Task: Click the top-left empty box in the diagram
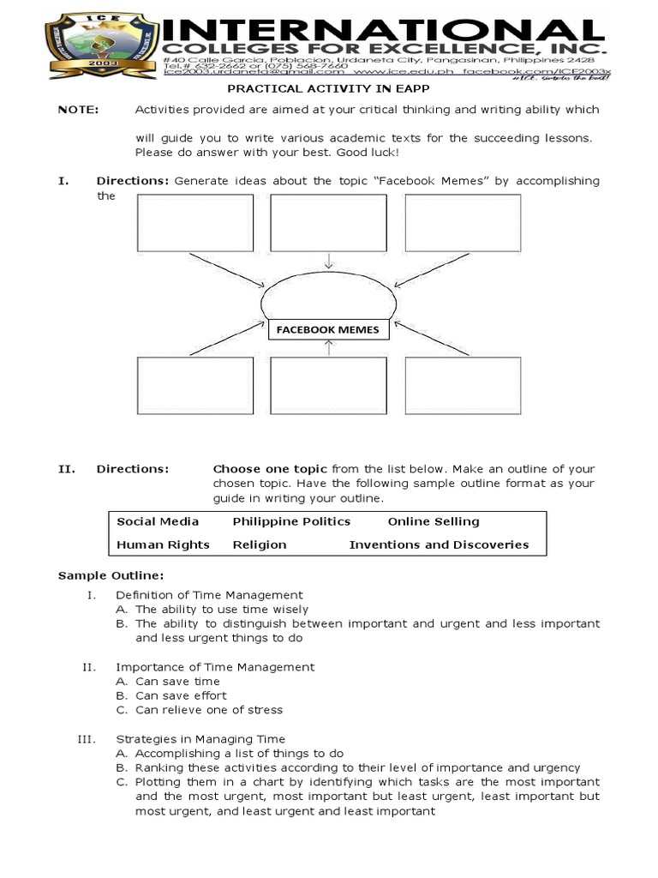[195, 223]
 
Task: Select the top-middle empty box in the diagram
[329, 223]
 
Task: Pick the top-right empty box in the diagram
[463, 223]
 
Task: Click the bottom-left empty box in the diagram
[195, 386]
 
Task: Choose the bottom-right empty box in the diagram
[463, 386]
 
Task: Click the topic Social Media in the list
[158, 521]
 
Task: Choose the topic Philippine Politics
[291, 521]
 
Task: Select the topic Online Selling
[434, 521]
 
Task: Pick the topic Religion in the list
[260, 544]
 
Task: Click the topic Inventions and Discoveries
[439, 544]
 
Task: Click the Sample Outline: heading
[110, 574]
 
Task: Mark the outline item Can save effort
[181, 695]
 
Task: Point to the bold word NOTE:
[78, 110]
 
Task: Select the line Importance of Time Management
[215, 666]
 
